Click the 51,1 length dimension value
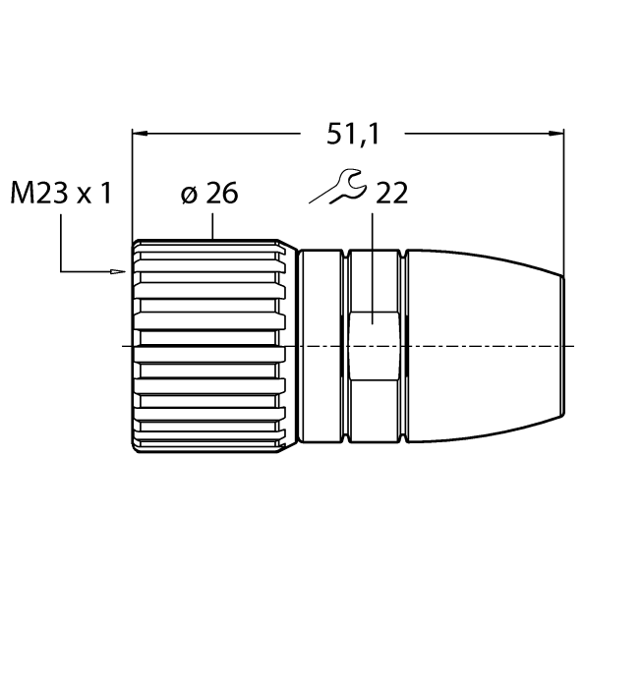(352, 134)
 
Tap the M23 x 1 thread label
(61, 193)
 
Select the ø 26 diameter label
(208, 193)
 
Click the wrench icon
(338, 186)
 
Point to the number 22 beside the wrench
(391, 193)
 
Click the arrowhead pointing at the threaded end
(119, 271)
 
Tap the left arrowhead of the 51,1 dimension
(140, 134)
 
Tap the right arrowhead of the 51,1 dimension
(556, 134)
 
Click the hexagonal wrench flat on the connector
(375, 346)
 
